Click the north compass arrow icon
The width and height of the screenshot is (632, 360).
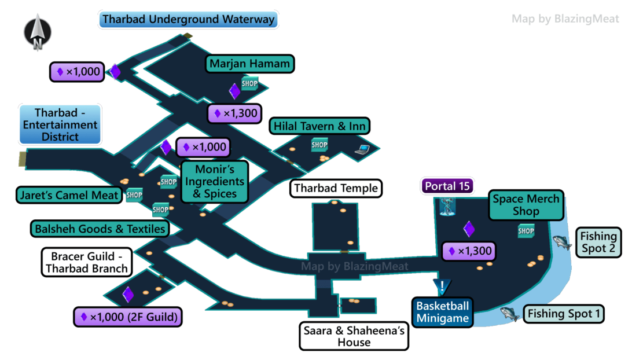click(x=38, y=32)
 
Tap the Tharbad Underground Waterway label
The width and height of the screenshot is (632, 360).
click(x=188, y=19)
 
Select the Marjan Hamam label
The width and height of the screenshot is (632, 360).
click(x=250, y=64)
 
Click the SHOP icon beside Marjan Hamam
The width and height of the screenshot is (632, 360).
click(x=249, y=83)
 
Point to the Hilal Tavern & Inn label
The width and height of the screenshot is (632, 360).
click(x=319, y=126)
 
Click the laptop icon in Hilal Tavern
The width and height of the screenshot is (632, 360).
click(x=362, y=150)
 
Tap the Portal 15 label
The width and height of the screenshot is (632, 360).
click(x=447, y=186)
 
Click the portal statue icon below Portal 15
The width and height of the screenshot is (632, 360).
click(x=447, y=207)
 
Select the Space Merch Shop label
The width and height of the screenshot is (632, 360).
click(x=526, y=205)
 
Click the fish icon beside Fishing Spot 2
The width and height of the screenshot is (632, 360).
click(x=562, y=243)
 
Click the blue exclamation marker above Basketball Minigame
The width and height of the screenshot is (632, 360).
click(x=442, y=286)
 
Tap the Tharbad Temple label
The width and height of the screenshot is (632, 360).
click(x=336, y=188)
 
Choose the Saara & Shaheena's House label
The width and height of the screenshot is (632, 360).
click(x=354, y=336)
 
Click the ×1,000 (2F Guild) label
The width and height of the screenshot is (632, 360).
click(x=128, y=317)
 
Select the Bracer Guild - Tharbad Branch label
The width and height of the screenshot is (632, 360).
click(x=87, y=262)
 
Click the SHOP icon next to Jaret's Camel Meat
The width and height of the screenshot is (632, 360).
click(x=134, y=195)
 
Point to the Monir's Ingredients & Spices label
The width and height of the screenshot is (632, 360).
click(x=214, y=181)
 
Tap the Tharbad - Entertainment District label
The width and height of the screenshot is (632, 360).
click(x=60, y=124)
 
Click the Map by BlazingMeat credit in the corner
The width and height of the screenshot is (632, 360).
click(x=565, y=19)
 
